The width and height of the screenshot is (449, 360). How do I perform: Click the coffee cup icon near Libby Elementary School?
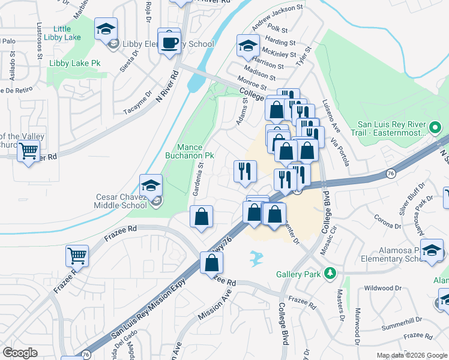tap(169, 41)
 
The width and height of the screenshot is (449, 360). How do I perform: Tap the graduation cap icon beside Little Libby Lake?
tap(106, 29)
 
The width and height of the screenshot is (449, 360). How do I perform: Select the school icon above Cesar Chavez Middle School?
tap(151, 185)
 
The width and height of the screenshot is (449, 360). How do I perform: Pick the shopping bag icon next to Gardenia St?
tap(202, 217)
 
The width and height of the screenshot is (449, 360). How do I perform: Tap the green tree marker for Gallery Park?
tap(329, 274)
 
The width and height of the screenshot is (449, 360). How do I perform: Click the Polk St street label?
tap(279, 29)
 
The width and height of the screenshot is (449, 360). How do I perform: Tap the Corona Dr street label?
tap(387, 224)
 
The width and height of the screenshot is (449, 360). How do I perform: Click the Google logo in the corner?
tap(20, 352)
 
